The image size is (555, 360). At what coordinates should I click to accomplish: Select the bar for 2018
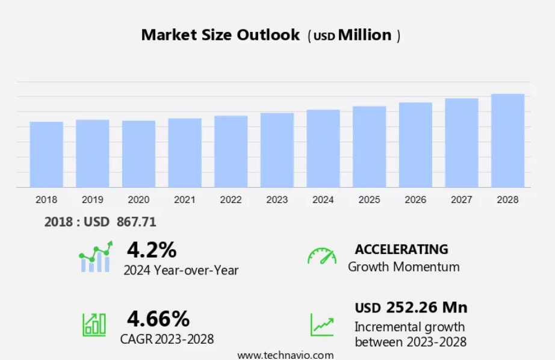(x=46, y=155)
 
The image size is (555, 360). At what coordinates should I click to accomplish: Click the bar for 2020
(x=138, y=154)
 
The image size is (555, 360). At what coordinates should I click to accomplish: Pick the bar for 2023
(x=277, y=151)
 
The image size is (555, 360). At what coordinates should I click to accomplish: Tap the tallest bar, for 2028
(x=507, y=141)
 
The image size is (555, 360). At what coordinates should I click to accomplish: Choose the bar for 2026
(x=415, y=145)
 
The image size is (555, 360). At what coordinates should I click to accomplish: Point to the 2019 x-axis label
(x=92, y=200)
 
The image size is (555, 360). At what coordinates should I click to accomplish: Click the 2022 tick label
(x=231, y=200)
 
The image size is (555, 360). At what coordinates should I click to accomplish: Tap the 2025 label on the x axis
(x=369, y=200)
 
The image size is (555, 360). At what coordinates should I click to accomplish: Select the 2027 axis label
(x=462, y=200)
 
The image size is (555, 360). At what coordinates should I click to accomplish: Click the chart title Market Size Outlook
(x=220, y=35)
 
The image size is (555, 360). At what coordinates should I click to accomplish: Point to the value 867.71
(x=137, y=222)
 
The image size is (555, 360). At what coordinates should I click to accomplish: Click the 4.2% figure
(x=152, y=249)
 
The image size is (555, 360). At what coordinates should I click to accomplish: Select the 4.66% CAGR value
(x=158, y=317)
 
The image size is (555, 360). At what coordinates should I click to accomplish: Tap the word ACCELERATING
(x=402, y=249)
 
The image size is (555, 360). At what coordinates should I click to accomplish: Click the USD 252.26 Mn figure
(x=411, y=308)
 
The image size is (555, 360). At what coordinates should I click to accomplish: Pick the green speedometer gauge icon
(x=322, y=256)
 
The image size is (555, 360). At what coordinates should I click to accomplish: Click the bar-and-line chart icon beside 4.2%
(x=95, y=257)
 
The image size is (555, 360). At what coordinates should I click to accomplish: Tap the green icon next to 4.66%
(x=94, y=324)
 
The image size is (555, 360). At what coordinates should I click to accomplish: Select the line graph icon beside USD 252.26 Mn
(x=322, y=324)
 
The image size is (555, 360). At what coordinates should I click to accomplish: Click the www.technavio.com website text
(x=285, y=355)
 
